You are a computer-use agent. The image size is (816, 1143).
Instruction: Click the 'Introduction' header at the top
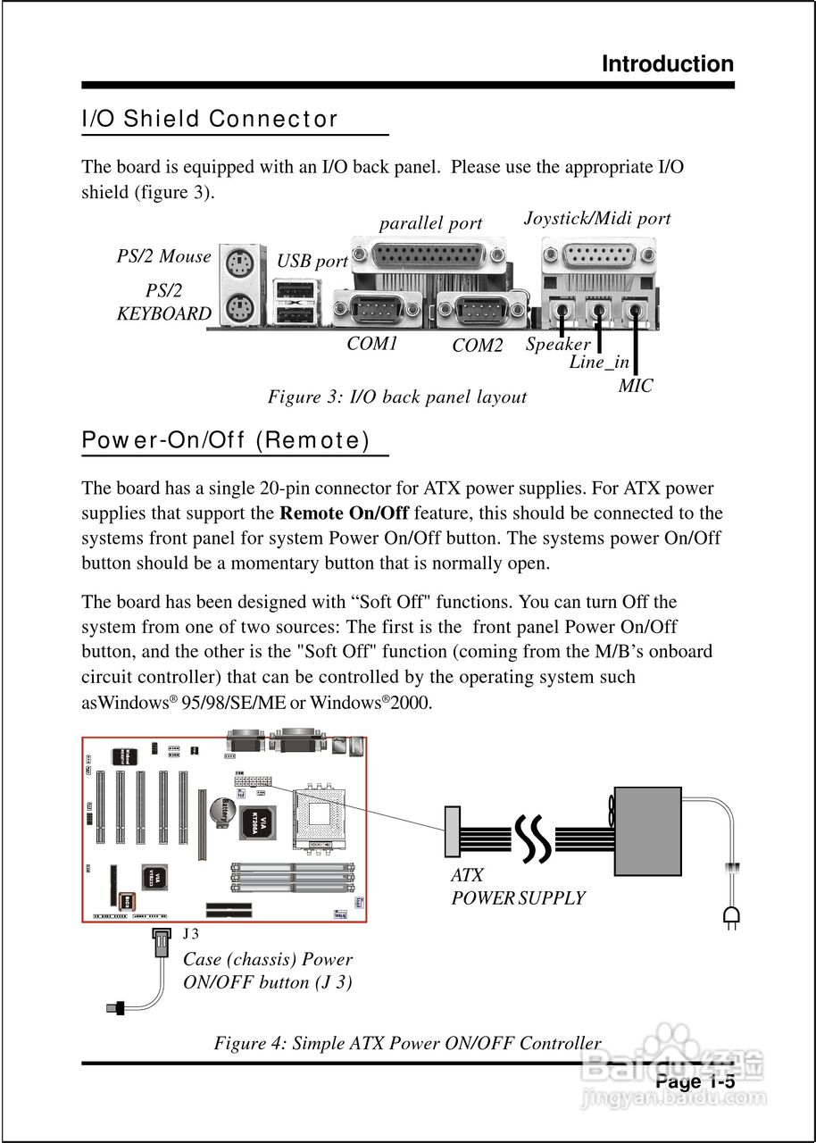tap(667, 64)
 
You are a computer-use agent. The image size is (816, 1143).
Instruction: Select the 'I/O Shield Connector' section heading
tap(210, 119)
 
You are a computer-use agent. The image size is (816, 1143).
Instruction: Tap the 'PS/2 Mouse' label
tap(163, 257)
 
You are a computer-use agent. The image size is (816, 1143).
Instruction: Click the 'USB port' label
tap(312, 262)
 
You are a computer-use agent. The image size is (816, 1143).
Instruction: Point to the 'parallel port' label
tap(430, 224)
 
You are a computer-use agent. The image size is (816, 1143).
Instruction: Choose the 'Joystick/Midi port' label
tap(596, 219)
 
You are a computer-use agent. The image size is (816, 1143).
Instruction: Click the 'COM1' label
tap(372, 344)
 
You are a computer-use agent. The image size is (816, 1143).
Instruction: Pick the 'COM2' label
tap(478, 346)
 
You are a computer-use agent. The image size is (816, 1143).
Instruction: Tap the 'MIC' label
tap(636, 386)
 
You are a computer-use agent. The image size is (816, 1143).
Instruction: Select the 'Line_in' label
tap(599, 363)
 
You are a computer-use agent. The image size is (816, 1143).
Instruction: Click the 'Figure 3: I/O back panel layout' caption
tap(397, 396)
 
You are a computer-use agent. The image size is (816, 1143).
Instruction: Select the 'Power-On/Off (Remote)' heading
tap(226, 440)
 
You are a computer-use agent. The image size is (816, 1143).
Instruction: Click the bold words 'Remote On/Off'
tap(344, 513)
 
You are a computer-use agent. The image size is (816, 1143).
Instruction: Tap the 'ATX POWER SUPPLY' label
tap(518, 888)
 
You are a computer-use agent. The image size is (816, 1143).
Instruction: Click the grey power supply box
tap(647, 831)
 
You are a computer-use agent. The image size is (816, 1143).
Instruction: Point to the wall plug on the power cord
tap(731, 915)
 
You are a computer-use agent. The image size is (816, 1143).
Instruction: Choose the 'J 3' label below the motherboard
tap(191, 934)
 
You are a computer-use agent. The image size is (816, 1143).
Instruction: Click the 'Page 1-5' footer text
tap(695, 1082)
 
